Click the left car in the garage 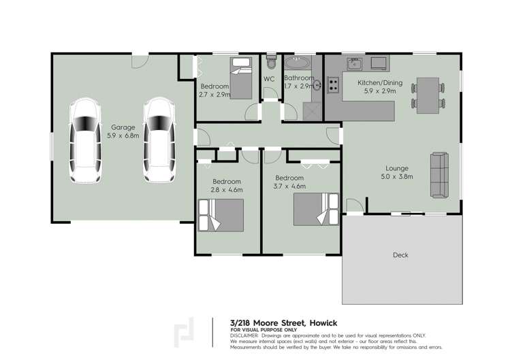(x=86, y=141)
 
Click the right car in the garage (x=157, y=141)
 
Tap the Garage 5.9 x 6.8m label (x=123, y=131)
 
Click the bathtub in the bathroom (x=297, y=64)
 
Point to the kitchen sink (x=353, y=65)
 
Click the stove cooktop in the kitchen (x=334, y=86)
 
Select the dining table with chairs (x=428, y=93)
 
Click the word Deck (x=400, y=255)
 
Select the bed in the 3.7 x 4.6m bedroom (x=315, y=210)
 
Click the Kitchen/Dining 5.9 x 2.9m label (x=380, y=86)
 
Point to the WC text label (x=269, y=79)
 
